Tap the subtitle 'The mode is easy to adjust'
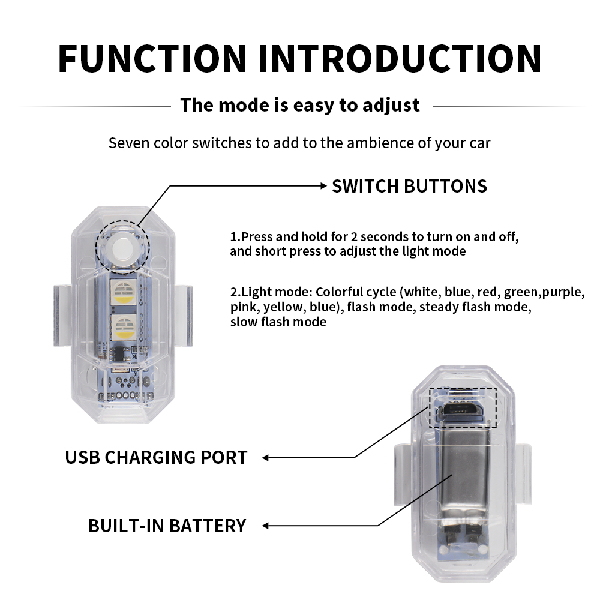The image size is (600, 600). coord(300,105)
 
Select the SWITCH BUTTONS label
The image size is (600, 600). coord(409,186)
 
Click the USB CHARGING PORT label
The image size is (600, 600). coord(156,457)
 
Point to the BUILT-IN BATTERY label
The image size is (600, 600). coord(167,526)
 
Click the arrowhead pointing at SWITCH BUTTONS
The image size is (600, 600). coord(322,186)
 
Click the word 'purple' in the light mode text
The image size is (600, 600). coord(563,292)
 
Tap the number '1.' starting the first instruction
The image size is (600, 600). coord(235,236)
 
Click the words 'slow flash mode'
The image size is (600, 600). coord(278,322)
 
